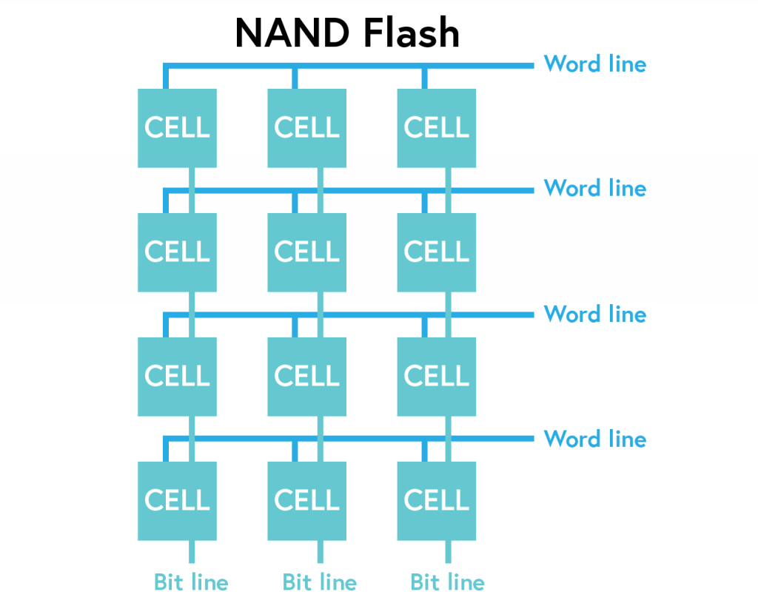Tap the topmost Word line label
point(594,64)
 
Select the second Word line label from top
point(594,189)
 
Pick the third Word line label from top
point(594,314)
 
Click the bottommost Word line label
point(594,439)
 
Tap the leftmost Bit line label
point(191,582)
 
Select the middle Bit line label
point(320,582)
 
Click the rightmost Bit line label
point(448,582)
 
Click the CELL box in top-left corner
point(177,128)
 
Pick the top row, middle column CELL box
point(306,128)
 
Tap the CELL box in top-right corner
point(437,128)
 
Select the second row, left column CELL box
point(177,252)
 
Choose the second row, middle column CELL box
point(306,252)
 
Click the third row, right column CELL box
point(437,377)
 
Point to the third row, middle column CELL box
point(306,377)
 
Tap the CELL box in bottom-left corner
point(177,501)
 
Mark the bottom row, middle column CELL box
point(306,501)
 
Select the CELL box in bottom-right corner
point(437,501)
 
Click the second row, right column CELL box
point(437,252)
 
